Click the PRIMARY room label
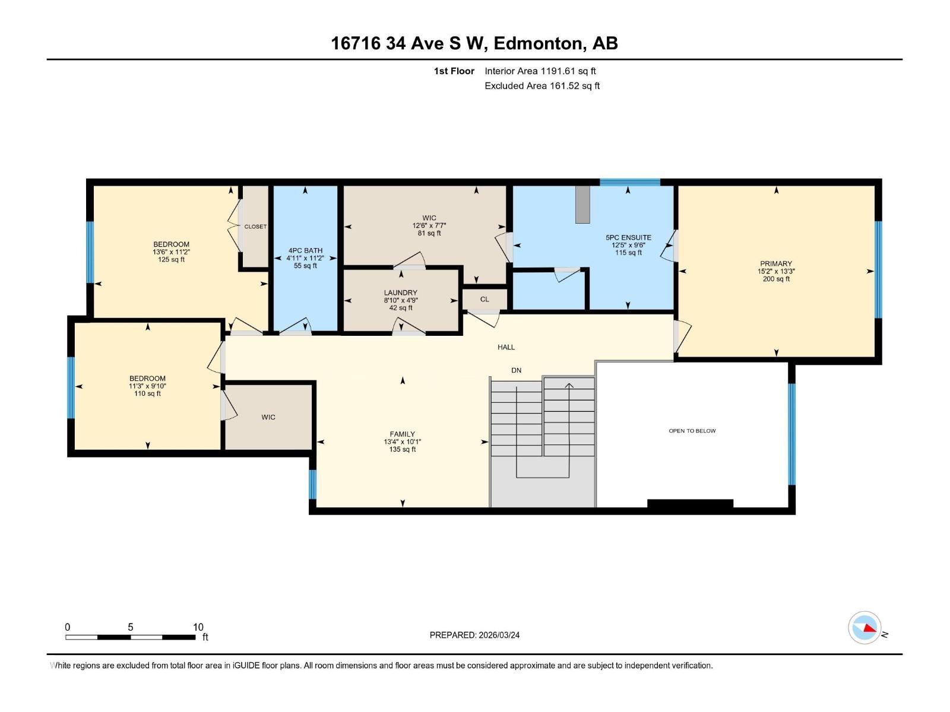(x=776, y=263)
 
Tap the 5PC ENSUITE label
(x=628, y=237)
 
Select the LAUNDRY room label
(x=400, y=293)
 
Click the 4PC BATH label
(x=305, y=250)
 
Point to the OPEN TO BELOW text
(x=692, y=431)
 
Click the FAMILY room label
(x=402, y=434)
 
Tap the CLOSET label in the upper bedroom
(x=255, y=227)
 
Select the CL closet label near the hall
(x=484, y=299)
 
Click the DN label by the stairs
(x=516, y=370)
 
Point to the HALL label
(x=506, y=347)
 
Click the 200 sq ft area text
(x=776, y=279)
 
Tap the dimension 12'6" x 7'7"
(x=429, y=225)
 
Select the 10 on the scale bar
(x=198, y=627)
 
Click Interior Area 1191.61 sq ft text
(x=540, y=71)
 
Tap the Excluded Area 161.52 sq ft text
(x=541, y=86)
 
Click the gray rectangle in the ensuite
(x=582, y=205)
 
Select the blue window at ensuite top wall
(x=629, y=182)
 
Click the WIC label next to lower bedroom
(x=268, y=417)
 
